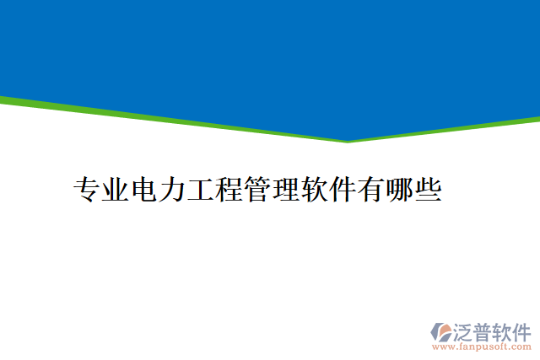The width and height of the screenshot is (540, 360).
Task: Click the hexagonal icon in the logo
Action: coord(441,331)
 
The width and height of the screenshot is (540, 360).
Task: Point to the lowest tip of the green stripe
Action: coord(347,142)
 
